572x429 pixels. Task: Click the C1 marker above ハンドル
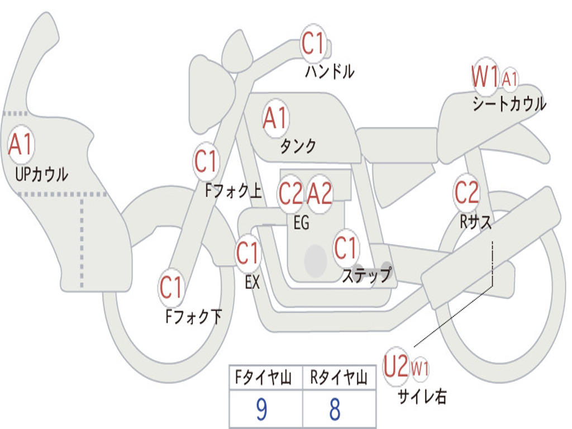pyautogui.click(x=313, y=44)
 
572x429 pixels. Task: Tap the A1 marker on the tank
pyautogui.click(x=275, y=118)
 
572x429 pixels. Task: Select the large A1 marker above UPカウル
pyautogui.click(x=21, y=145)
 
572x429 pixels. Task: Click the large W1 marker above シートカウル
pyautogui.click(x=484, y=77)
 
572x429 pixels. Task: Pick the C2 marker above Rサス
pyautogui.click(x=466, y=193)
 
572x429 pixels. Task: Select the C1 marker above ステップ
pyautogui.click(x=346, y=249)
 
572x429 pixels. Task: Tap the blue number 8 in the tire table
pyautogui.click(x=335, y=409)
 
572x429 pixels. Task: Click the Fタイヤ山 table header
pyautogui.click(x=263, y=379)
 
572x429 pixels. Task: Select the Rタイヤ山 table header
pyautogui.click(x=339, y=379)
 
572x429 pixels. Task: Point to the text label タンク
pyautogui.click(x=298, y=146)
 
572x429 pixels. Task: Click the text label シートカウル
pyautogui.click(x=509, y=104)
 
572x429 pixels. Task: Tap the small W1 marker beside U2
pyautogui.click(x=420, y=368)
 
